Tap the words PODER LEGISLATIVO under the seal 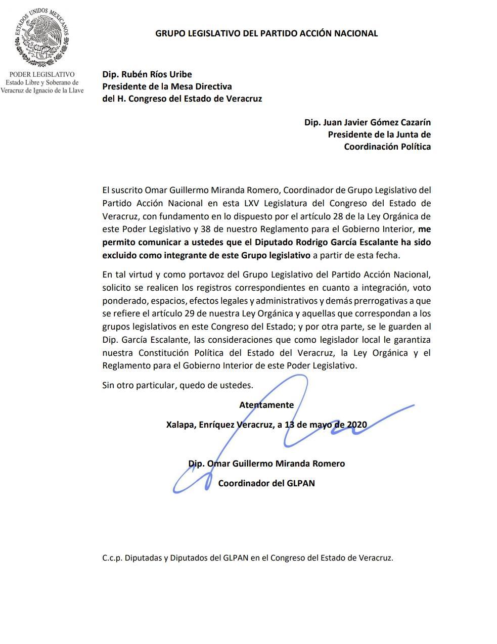pyautogui.click(x=42, y=74)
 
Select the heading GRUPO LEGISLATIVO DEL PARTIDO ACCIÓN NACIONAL pyautogui.click(x=266, y=33)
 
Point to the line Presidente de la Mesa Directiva pyautogui.click(x=167, y=86)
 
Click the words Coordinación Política pyautogui.click(x=387, y=147)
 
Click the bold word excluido pyautogui.click(x=119, y=255)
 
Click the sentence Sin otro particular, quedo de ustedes pyautogui.click(x=177, y=385)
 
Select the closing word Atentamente pyautogui.click(x=266, y=405)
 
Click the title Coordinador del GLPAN pyautogui.click(x=266, y=483)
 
